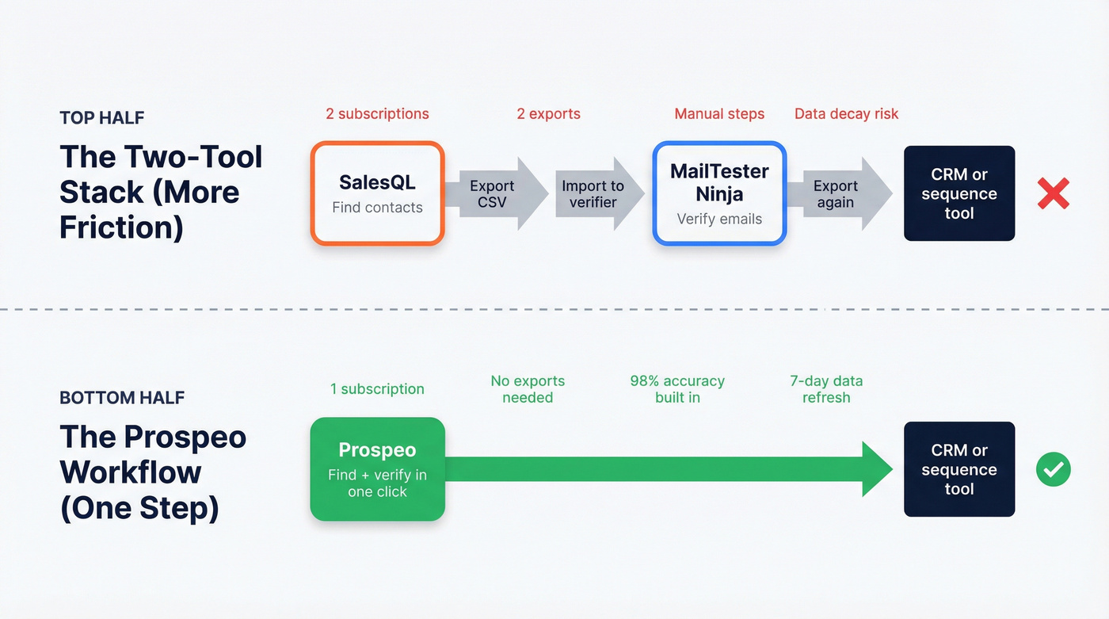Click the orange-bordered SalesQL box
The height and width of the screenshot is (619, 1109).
[x=377, y=193]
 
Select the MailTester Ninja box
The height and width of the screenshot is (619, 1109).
[x=719, y=193]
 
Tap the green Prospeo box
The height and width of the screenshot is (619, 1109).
[x=377, y=469]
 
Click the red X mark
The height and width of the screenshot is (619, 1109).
[x=1053, y=193]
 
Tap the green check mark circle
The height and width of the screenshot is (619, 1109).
[x=1053, y=470]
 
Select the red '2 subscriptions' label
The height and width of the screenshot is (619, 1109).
[x=377, y=114]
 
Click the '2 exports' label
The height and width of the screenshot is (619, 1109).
[x=548, y=114]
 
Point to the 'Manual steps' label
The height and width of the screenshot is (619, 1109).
[x=719, y=114]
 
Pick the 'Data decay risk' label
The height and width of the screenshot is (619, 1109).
[x=846, y=114]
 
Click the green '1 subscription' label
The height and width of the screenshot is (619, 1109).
[x=377, y=389]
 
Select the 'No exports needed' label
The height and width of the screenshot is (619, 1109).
[x=528, y=389]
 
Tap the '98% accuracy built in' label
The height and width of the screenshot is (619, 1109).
[x=677, y=389]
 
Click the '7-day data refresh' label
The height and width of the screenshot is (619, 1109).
[x=826, y=389]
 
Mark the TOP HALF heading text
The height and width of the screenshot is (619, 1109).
[x=101, y=118]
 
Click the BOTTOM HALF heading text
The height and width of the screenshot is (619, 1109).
[x=122, y=398]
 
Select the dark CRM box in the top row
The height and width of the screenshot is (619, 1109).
[x=959, y=193]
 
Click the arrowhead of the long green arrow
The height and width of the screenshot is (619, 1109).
[x=878, y=469]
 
